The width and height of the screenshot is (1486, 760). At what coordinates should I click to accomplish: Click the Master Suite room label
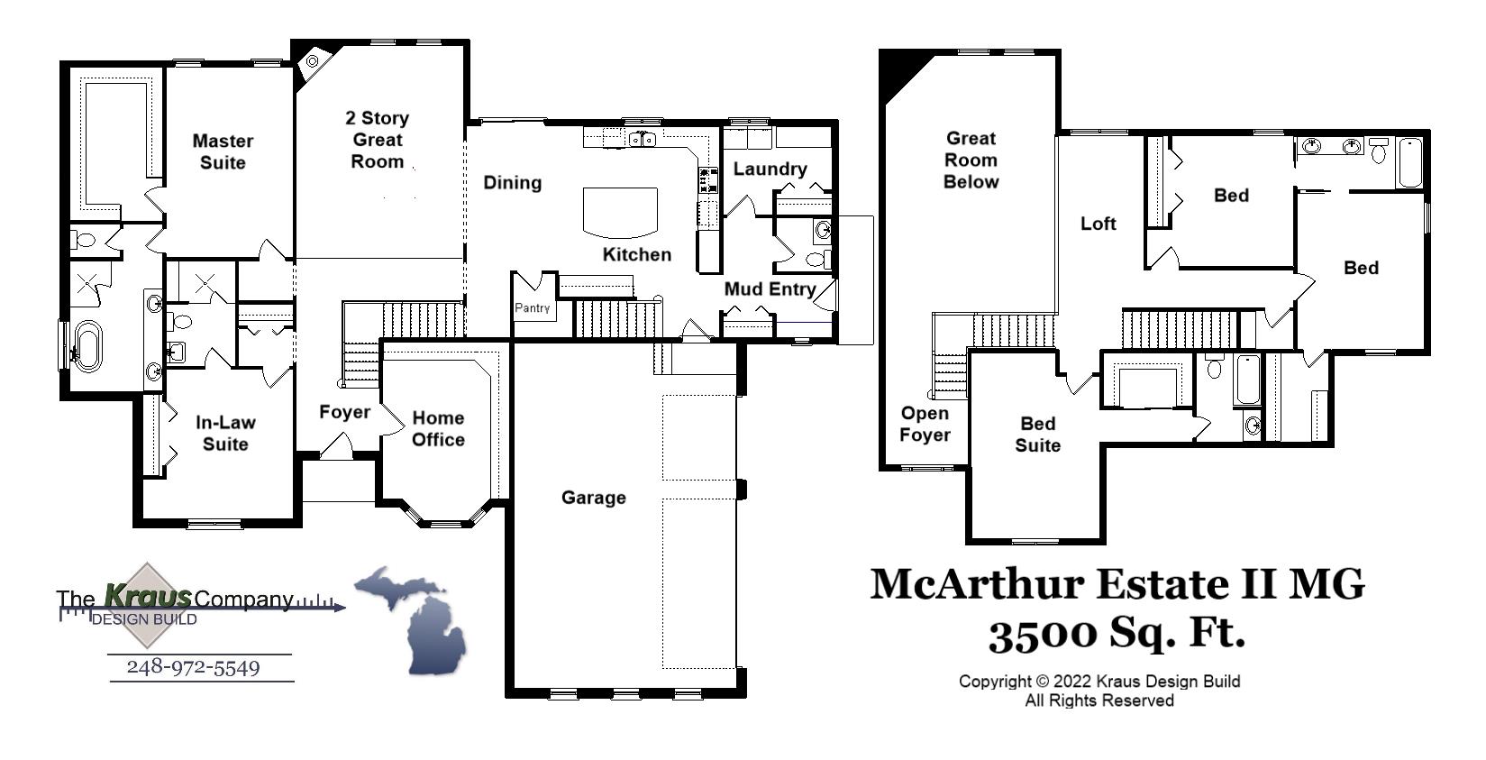pyautogui.click(x=223, y=151)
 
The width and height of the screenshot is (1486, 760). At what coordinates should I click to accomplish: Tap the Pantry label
pyautogui.click(x=532, y=308)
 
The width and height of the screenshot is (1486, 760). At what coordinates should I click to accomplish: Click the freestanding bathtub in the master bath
pyautogui.click(x=87, y=345)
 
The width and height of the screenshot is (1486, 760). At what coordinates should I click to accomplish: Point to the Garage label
pyautogui.click(x=593, y=498)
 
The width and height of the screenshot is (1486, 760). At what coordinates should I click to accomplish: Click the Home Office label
pyautogui.click(x=438, y=429)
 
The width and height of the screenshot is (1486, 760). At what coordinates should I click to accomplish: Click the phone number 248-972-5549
pyautogui.click(x=193, y=667)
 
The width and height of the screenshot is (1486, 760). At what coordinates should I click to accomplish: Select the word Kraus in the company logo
pyautogui.click(x=147, y=596)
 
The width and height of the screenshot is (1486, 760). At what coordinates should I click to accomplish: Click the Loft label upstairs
pyautogui.click(x=1098, y=224)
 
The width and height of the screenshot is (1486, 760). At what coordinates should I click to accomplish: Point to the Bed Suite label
pyautogui.click(x=1037, y=435)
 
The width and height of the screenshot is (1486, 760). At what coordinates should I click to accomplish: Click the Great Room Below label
pyautogui.click(x=971, y=160)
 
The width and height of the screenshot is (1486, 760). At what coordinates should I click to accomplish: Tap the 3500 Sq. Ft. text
pyautogui.click(x=1117, y=634)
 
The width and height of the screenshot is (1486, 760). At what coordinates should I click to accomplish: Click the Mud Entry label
pyautogui.click(x=770, y=289)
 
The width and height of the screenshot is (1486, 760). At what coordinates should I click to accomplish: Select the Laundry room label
pyautogui.click(x=770, y=169)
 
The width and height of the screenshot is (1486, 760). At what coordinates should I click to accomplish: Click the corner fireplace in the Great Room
pyautogui.click(x=313, y=61)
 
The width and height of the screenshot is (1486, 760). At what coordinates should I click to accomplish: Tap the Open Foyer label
pyautogui.click(x=925, y=424)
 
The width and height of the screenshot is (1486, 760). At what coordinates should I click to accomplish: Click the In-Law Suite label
pyautogui.click(x=225, y=433)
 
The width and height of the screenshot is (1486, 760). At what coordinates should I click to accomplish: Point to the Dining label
pyautogui.click(x=512, y=183)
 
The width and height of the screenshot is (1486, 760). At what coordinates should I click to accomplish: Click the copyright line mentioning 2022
pyautogui.click(x=1099, y=682)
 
